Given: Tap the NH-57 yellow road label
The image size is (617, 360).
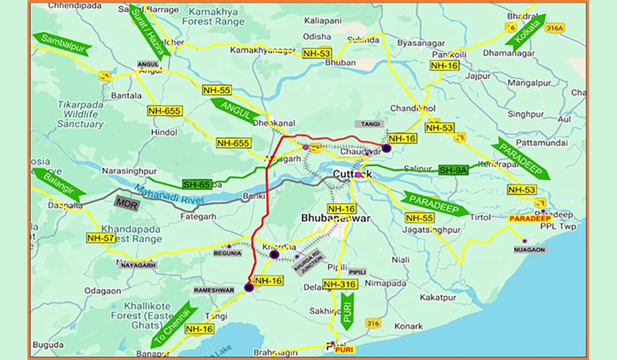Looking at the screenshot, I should click(x=100, y=238).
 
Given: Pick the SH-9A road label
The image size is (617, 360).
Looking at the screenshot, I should click(x=453, y=170).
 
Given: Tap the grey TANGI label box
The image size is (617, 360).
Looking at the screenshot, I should click(x=369, y=124).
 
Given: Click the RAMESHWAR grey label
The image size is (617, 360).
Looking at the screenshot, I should click(x=213, y=290).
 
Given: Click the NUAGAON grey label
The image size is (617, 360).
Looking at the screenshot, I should click(x=530, y=249).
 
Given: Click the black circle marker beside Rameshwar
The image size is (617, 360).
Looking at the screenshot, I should click(x=249, y=287).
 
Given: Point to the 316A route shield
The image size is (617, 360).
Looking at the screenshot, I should click(x=555, y=28).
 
